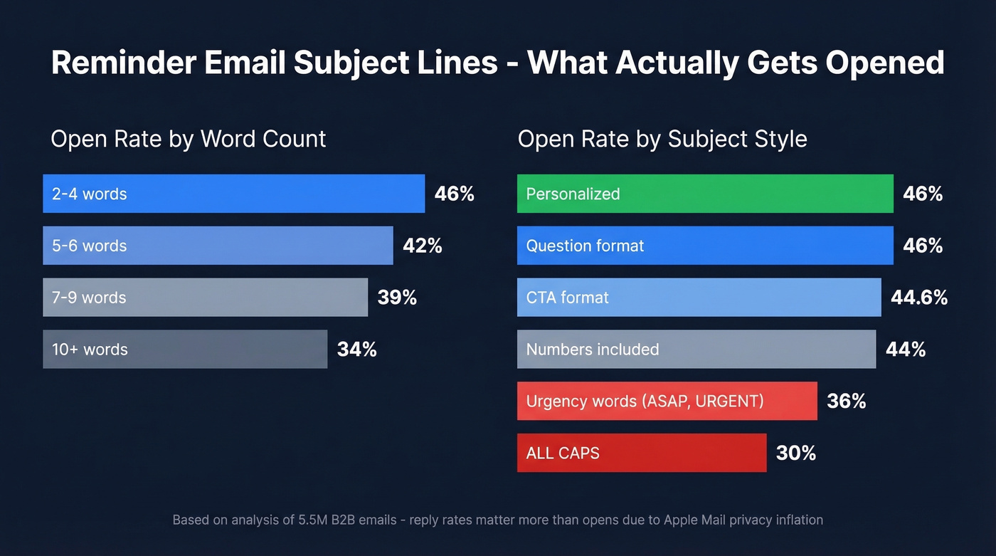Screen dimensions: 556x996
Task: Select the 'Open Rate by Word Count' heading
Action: pos(188,139)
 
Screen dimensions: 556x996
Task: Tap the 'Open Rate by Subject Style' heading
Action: pos(662,139)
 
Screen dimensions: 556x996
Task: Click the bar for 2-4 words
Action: pos(233,194)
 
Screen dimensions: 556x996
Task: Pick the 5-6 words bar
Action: pos(218,246)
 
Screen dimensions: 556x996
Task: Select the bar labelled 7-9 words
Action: pos(205,298)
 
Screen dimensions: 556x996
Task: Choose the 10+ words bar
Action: pos(185,350)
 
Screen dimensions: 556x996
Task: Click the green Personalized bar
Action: pos(704,194)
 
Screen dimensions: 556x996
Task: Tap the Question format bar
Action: pos(704,246)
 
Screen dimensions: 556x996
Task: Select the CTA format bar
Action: pos(699,298)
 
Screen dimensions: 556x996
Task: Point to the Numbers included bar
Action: pos(696,350)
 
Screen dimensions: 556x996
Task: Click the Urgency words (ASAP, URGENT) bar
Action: pos(667,402)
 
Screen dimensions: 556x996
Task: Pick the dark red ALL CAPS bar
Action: pos(641,453)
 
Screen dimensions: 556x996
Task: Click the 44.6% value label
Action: pos(919,298)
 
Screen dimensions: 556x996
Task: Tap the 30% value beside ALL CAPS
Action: pos(795,453)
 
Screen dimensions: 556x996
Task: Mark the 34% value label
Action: pos(356,350)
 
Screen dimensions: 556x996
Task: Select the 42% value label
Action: pos(422,246)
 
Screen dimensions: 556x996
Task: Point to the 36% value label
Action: pos(846,402)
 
